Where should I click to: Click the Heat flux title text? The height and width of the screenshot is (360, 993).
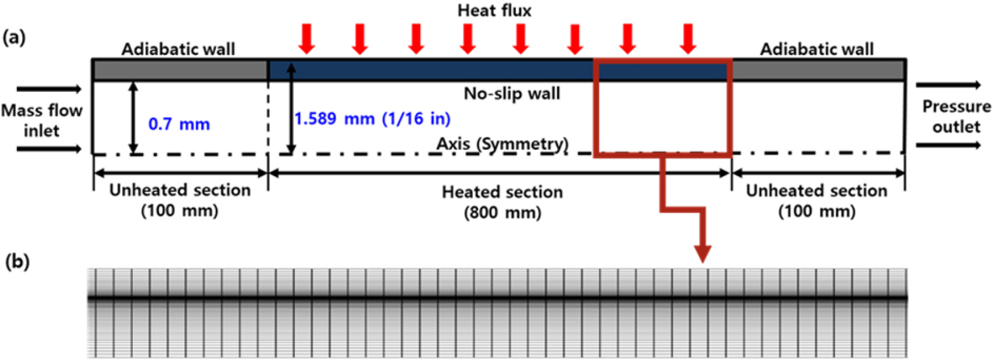tap(494, 11)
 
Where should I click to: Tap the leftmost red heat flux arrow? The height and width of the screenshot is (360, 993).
tap(307, 39)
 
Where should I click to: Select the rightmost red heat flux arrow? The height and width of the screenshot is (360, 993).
tap(688, 39)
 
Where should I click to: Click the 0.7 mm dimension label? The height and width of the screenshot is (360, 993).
tap(179, 124)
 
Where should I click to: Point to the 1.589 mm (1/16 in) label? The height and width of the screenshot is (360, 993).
tap(372, 119)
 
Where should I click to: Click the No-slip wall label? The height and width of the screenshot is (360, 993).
tap(512, 94)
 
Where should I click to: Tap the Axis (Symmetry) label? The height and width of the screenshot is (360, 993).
tap(502, 143)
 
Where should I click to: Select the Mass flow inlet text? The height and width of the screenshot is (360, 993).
tap(42, 121)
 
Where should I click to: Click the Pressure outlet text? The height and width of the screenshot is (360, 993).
tap(956, 116)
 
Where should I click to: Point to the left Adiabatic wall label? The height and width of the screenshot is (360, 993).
tap(178, 49)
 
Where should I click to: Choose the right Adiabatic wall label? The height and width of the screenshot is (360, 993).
tap(817, 49)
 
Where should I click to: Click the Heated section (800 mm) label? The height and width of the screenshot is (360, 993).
tap(502, 203)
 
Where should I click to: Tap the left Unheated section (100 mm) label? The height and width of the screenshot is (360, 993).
tap(180, 200)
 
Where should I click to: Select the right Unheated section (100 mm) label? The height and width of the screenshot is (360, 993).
tap(816, 200)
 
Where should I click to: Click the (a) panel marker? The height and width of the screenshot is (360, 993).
tap(14, 38)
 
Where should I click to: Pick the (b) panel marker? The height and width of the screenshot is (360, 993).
tap(17, 262)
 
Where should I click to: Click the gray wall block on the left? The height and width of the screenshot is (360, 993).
tap(181, 70)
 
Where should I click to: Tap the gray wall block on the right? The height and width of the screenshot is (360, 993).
tap(819, 70)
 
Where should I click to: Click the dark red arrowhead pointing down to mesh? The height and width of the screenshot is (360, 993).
tap(703, 254)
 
